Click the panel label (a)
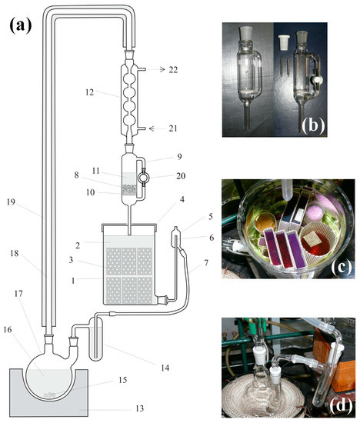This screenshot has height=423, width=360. (21, 25)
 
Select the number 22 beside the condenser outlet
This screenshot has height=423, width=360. (173, 69)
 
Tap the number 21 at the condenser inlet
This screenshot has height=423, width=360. (173, 128)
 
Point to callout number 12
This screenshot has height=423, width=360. (89, 92)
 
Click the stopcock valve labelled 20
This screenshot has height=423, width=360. (143, 178)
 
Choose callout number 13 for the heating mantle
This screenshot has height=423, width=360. (139, 408)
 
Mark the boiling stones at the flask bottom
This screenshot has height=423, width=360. (50, 395)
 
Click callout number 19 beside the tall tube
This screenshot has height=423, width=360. (11, 202)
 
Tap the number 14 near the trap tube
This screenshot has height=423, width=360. (165, 368)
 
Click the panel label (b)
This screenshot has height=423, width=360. (312, 125)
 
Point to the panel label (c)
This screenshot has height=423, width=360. (341, 268)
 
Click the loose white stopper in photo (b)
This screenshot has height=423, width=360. (284, 42)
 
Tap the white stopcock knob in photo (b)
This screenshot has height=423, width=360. (315, 80)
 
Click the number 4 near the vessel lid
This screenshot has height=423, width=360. (182, 199)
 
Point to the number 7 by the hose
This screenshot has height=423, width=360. (206, 262)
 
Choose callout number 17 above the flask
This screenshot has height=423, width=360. (18, 294)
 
